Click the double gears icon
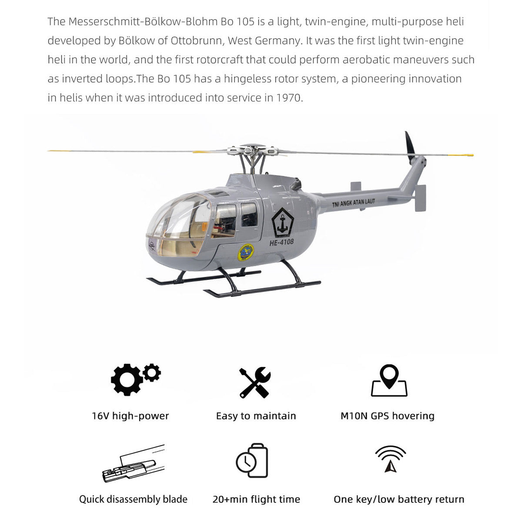(x=135, y=379)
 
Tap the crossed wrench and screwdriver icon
(x=255, y=382)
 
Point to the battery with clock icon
(x=252, y=461)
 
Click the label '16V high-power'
(x=130, y=416)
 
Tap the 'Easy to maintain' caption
(x=256, y=416)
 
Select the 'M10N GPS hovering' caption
(x=387, y=416)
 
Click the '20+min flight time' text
(x=256, y=499)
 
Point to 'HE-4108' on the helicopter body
(x=281, y=242)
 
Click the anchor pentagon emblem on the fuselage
(x=283, y=222)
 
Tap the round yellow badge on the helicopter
(x=246, y=252)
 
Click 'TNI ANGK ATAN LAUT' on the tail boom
(x=353, y=203)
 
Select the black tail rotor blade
(x=410, y=146)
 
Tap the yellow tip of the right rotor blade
(x=461, y=155)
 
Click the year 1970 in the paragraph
(x=288, y=98)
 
